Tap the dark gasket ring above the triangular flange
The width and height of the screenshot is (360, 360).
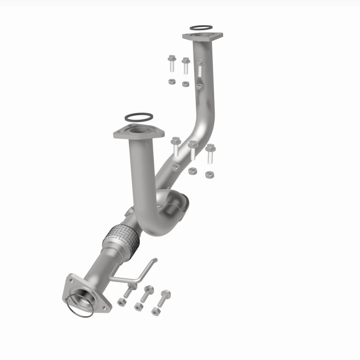[138, 117]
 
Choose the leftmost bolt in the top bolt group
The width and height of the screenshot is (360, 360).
[171, 64]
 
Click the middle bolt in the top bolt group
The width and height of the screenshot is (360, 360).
[185, 66]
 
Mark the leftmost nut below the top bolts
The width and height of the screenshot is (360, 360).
[171, 81]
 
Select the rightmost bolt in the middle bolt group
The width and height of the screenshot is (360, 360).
[210, 154]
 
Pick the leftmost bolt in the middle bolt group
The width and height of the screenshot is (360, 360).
[175, 148]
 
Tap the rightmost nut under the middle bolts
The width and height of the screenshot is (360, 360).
[209, 175]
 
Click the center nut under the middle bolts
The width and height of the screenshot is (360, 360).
[192, 171]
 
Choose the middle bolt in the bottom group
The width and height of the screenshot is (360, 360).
[148, 293]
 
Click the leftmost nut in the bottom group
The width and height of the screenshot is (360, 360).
[121, 302]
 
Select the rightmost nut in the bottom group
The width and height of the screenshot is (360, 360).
[156, 311]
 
